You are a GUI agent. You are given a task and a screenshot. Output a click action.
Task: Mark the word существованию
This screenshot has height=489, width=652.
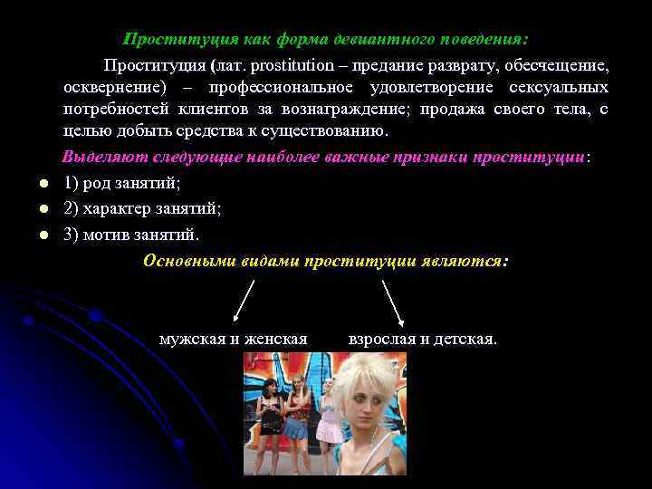pos(321,131)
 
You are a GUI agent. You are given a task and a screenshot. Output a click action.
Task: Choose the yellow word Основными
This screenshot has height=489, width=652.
pos(189,261)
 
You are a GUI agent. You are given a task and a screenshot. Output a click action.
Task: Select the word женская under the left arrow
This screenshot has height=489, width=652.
pos(275,340)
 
